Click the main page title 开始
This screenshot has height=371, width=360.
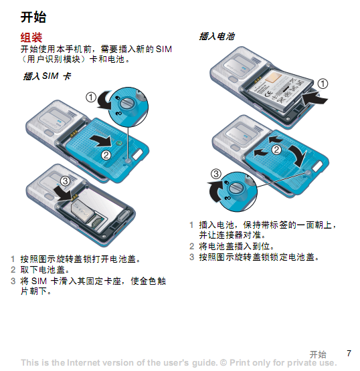[x=33, y=17]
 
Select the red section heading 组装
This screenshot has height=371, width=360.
[x=31, y=37]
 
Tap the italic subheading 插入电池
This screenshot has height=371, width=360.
[x=217, y=37]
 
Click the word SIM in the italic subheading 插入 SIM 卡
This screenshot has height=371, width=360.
[x=50, y=76]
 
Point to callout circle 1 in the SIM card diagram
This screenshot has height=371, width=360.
[x=91, y=97]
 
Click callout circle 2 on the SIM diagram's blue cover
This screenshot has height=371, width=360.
[x=106, y=155]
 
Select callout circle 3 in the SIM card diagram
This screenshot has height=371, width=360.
[x=65, y=181]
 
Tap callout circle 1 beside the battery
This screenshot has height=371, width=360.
[x=323, y=84]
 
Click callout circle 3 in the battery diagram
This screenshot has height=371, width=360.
[x=216, y=174]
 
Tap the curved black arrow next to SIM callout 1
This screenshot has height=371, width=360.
[x=104, y=100]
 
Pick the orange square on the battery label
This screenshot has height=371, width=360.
[x=273, y=78]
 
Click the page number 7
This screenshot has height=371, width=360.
[x=349, y=353]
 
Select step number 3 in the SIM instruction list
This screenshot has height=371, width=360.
[x=13, y=281]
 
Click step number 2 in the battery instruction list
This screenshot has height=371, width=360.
[x=191, y=246]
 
